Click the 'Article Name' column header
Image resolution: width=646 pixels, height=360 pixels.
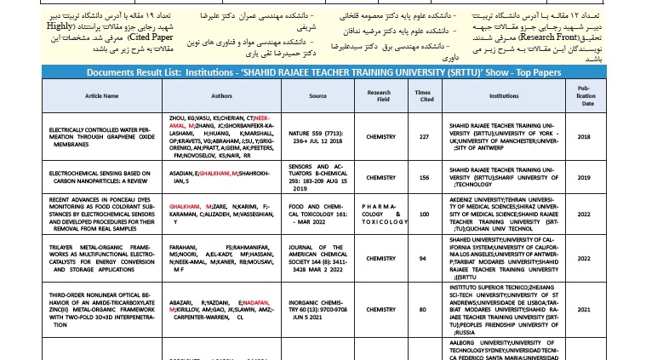coord(101,96)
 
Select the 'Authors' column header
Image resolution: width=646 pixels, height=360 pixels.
coord(221,96)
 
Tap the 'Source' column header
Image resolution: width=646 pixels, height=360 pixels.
coord(317,96)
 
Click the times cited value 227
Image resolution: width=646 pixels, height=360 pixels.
coord(422,136)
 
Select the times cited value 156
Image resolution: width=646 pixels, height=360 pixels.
coord(422,178)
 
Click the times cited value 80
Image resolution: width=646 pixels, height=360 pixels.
coord(422,309)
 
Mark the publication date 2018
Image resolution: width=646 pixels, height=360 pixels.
coord(584,136)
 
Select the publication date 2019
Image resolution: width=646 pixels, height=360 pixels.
coord(584,178)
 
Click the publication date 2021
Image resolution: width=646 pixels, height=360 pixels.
coord(584,309)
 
